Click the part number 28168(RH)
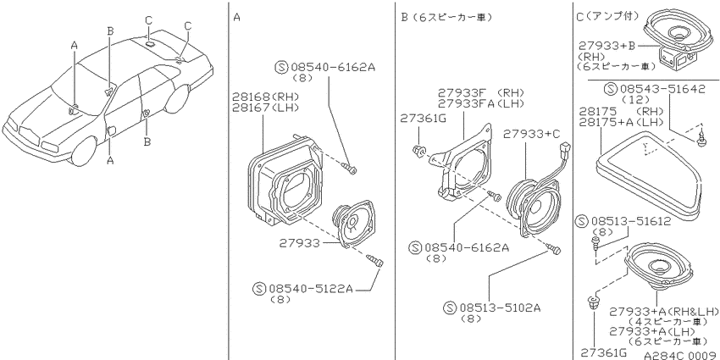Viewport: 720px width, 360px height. click(x=265, y=97)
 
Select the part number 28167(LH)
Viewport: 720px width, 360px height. click(x=265, y=108)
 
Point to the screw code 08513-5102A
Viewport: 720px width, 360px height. click(x=498, y=307)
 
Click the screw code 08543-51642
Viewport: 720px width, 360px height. click(x=662, y=89)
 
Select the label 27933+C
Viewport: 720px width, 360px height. click(x=532, y=134)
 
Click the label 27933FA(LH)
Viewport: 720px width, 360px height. click(x=481, y=103)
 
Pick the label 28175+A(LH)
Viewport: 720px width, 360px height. click(x=621, y=122)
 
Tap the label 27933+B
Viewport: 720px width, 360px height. click(x=606, y=46)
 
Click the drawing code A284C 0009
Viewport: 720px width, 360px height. click(x=681, y=356)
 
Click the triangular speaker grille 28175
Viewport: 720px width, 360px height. click(x=650, y=174)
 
